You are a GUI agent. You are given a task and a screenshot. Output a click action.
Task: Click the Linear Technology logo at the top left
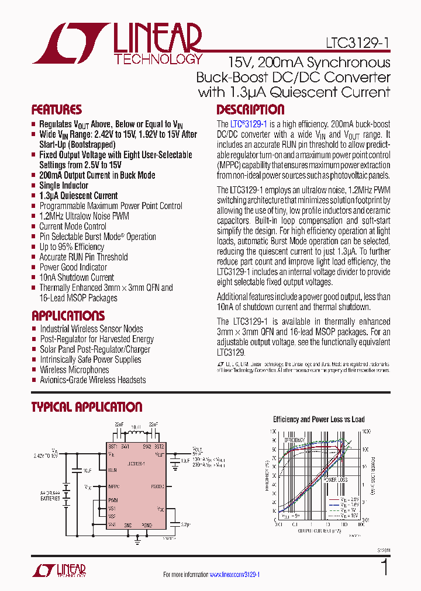point(117,43)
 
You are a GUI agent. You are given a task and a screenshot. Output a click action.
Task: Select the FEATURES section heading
point(57,110)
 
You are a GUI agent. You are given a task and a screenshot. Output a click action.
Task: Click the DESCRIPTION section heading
point(250,110)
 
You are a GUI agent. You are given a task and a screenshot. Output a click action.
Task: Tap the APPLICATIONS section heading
point(68,316)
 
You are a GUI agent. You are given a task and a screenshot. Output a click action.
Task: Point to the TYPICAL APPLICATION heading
point(87,407)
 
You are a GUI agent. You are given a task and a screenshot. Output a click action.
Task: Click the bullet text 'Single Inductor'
point(64,185)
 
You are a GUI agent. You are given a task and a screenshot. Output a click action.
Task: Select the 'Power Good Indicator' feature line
point(73,267)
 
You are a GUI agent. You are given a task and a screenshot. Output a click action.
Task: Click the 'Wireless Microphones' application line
point(74,370)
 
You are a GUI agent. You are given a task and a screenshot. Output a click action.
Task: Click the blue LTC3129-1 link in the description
point(249,124)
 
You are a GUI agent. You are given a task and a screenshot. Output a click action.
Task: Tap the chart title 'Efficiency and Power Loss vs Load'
point(319,419)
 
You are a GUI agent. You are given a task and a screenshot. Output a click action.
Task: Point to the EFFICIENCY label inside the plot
point(295,439)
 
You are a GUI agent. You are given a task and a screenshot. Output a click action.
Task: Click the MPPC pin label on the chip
point(114,485)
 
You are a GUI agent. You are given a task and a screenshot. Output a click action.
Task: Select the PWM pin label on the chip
point(113,500)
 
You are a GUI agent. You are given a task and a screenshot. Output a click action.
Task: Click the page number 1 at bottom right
point(384,568)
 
